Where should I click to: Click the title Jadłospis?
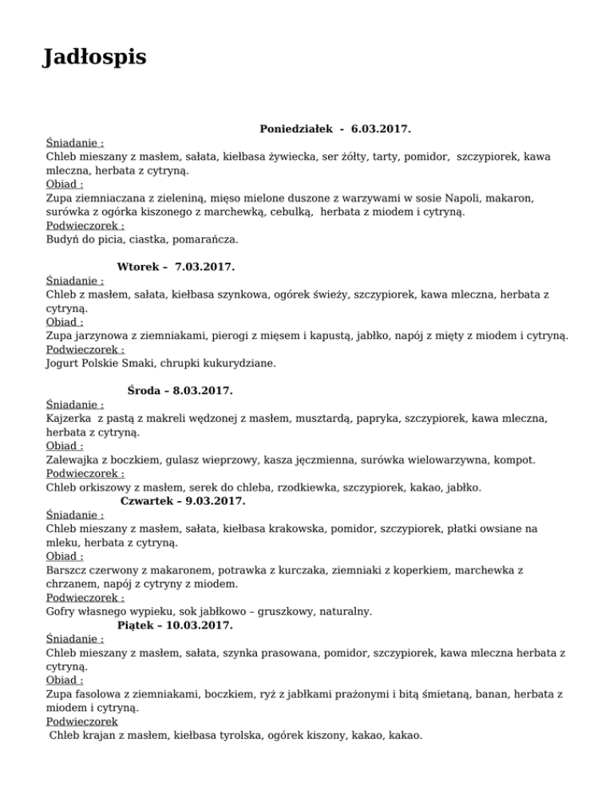pos(94,58)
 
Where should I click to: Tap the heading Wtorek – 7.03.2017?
pos(176,266)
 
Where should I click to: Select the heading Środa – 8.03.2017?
pos(180,391)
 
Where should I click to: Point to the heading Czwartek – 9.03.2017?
pos(183,501)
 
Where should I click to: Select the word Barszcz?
pos(69,570)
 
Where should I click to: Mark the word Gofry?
pos(61,611)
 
